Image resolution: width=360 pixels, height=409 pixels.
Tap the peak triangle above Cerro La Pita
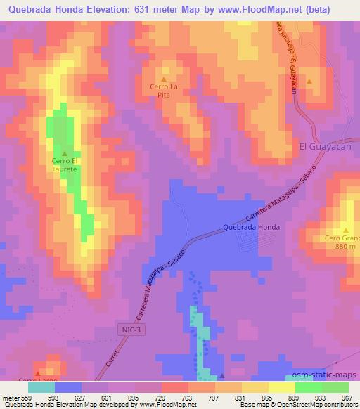pos(165,79)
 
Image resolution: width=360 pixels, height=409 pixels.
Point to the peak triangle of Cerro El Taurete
pos(65,153)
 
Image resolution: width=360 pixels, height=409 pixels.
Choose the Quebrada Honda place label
pos(251,227)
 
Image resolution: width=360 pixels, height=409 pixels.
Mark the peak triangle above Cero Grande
pos(346,229)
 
